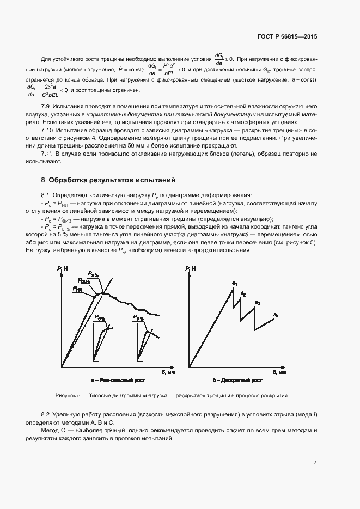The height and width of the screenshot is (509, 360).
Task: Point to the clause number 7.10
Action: click(47, 131)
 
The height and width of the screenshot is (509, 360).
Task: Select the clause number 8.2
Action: click(46, 414)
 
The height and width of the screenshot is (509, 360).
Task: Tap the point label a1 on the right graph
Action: click(235, 283)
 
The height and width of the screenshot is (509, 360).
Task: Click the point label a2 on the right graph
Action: click(243, 294)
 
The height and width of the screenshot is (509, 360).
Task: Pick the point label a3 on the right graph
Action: click(258, 303)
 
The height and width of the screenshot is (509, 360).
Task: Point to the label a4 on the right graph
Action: click(276, 315)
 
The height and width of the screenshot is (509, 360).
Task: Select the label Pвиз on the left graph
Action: click(84, 282)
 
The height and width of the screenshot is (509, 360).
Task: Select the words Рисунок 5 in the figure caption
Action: click(68, 396)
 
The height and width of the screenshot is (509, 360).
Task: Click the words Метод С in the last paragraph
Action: click(53, 430)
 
